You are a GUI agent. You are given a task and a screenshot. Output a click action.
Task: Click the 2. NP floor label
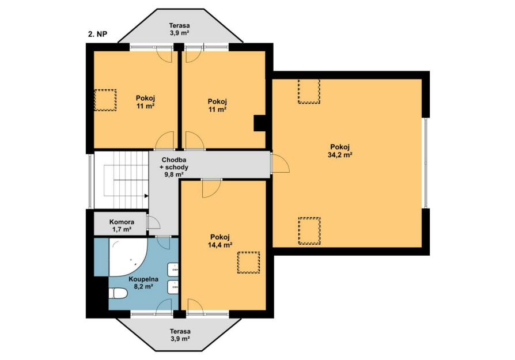pyautogui.click(x=97, y=34)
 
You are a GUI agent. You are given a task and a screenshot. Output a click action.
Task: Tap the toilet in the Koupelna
pyautogui.click(x=118, y=293)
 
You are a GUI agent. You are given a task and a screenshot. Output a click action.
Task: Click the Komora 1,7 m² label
pyautogui.click(x=122, y=226)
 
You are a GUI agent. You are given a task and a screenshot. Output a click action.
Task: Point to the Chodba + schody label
pyautogui.click(x=174, y=167)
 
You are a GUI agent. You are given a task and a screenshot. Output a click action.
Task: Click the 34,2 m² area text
pyautogui.click(x=340, y=155)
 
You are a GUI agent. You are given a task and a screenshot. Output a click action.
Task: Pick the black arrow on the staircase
pyautogui.click(x=146, y=196)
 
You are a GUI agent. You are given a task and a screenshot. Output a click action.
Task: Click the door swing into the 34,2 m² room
pyautogui.click(x=280, y=163)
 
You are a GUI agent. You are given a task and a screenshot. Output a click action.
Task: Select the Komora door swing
pyautogui.click(x=153, y=222)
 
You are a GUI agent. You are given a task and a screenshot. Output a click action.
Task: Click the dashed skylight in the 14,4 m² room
pyautogui.click(x=249, y=262)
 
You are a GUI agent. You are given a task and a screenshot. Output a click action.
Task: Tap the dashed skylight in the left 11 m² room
pyautogui.click(x=105, y=100)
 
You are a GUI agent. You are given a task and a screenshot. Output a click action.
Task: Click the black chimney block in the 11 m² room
pyautogui.click(x=259, y=123)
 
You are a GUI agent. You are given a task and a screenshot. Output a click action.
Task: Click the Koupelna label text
pyautogui.click(x=143, y=279)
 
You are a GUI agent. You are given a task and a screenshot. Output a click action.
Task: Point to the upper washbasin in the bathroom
pyautogui.click(x=173, y=270)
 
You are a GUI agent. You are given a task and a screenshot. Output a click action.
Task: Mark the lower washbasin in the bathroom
pyautogui.click(x=173, y=287)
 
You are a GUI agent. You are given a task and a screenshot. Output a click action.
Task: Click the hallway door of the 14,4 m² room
pyautogui.click(x=211, y=188)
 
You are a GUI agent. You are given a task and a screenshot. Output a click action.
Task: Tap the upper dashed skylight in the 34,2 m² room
pyautogui.click(x=309, y=92)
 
